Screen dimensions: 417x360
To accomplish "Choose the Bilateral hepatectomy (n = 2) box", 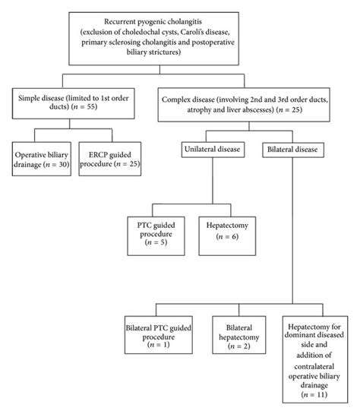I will point(238,336).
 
